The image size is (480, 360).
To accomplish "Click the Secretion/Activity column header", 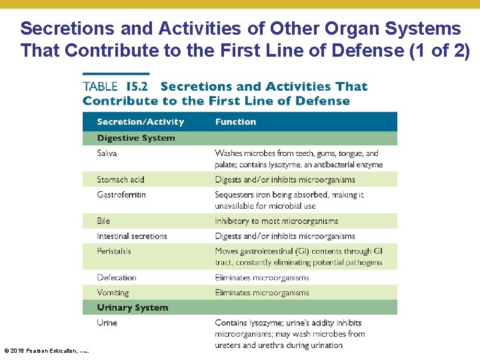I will point(140,122).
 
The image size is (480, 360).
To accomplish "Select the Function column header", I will point(235,122).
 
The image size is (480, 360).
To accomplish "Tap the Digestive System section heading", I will point(136,138).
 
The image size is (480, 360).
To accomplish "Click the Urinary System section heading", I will point(132,307).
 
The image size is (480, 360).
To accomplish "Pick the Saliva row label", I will point(107,153).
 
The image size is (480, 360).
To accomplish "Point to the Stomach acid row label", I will point(120,179).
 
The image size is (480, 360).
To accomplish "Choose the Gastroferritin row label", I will point(121,195).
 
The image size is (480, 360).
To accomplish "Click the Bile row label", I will point(103,221).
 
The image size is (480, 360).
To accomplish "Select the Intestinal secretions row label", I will point(131,236).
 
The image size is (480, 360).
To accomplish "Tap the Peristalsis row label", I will point(114,251).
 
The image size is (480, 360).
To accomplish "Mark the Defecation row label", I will point(116,277).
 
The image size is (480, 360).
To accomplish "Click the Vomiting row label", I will point(113,293).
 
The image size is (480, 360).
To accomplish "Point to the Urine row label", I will point(107,323).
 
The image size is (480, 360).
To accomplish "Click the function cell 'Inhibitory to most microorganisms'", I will point(276,221).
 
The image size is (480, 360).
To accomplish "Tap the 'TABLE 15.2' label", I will point(118,87).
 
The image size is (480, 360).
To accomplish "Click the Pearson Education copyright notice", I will point(47,351).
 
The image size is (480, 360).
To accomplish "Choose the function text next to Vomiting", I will point(261,293).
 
